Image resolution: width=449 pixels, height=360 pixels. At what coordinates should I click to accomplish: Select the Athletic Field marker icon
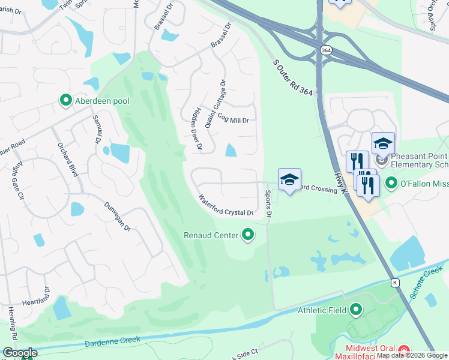pos(356,310)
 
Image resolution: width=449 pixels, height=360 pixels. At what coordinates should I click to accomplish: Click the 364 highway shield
pos(325,51)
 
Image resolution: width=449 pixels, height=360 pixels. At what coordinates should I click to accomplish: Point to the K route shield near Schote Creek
pos(394,282)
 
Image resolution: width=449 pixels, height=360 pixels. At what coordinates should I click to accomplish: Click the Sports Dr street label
pos(268,203)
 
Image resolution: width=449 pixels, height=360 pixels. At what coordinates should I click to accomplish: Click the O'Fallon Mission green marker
pos(391,182)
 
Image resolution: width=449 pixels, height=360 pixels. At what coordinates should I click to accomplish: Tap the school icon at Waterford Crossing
pos(289,179)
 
